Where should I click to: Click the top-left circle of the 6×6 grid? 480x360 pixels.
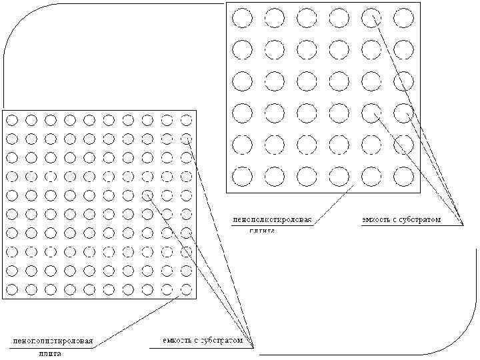(242, 17)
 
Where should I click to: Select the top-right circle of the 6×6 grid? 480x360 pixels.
(403, 17)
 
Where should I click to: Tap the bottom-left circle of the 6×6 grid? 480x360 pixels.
(242, 176)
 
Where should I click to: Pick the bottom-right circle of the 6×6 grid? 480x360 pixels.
(403, 176)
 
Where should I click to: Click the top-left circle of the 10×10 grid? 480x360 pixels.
(11, 120)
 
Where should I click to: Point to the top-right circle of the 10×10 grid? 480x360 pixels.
(187, 120)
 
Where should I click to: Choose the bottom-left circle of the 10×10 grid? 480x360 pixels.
(11, 289)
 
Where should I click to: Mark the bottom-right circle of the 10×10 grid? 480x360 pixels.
(187, 289)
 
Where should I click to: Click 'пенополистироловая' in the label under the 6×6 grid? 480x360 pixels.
(272, 219)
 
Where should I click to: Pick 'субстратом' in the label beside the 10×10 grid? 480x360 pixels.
(223, 341)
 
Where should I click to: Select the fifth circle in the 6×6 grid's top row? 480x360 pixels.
(371, 17)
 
